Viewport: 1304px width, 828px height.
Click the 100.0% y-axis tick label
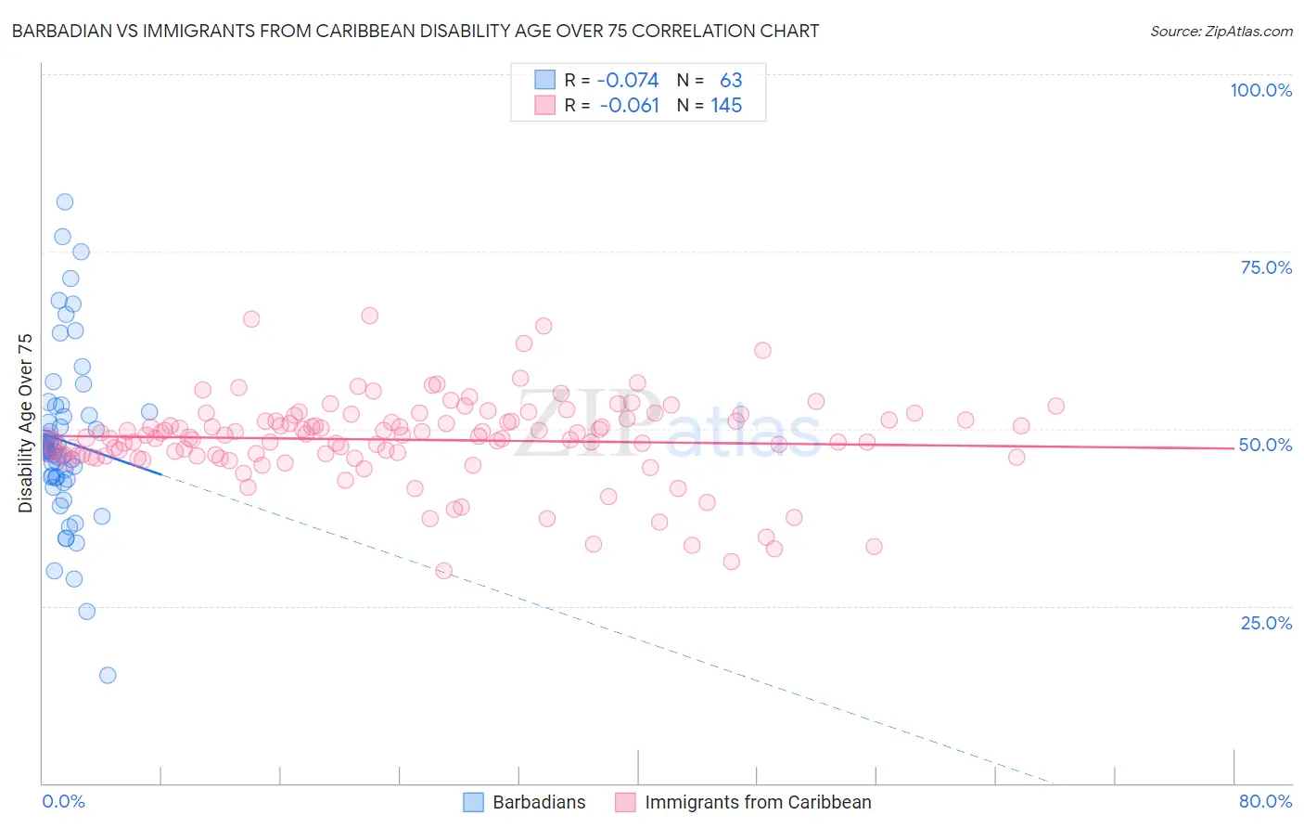tap(1260, 90)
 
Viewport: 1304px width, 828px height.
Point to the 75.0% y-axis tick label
tap(1266, 267)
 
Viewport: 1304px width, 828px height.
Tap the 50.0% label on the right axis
tap(1265, 445)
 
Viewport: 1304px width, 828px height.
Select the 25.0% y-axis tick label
tap(1266, 623)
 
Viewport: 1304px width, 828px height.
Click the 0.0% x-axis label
tap(63, 801)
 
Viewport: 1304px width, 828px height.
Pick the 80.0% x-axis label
tap(1265, 801)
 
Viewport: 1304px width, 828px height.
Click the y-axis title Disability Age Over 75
tap(26, 422)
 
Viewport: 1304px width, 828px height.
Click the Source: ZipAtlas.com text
tap(1221, 31)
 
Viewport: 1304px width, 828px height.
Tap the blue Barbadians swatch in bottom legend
tap(473, 802)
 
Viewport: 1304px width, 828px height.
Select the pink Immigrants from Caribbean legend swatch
tap(625, 802)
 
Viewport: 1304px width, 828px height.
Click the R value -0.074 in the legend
tap(628, 80)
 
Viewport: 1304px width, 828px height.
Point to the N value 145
tap(726, 106)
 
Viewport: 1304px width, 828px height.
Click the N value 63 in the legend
tap(731, 80)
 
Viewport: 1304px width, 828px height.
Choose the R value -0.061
tap(629, 106)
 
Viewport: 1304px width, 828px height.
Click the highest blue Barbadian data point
tap(65, 201)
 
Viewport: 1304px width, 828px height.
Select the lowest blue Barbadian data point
tap(108, 675)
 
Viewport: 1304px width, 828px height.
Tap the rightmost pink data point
tap(1055, 406)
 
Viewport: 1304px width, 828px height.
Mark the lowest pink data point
tap(443, 570)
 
